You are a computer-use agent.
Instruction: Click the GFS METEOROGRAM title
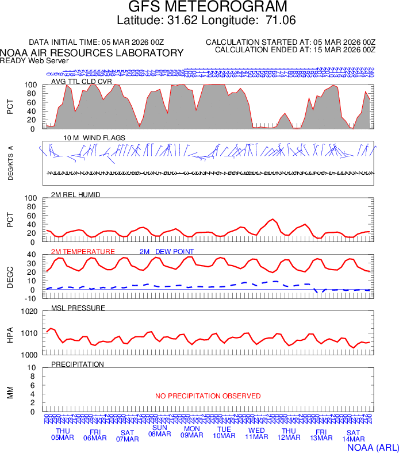(x=207, y=7)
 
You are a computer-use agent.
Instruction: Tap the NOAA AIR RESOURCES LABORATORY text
(x=92, y=53)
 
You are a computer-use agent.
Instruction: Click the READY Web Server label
(x=34, y=60)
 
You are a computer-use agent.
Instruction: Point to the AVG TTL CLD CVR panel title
(x=82, y=81)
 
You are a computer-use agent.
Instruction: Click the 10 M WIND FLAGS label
(x=94, y=137)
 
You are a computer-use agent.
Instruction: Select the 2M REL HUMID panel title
(x=76, y=195)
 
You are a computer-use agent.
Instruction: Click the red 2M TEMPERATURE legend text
(x=83, y=252)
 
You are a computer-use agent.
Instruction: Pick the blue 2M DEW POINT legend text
(x=167, y=252)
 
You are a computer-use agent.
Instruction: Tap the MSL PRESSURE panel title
(x=78, y=308)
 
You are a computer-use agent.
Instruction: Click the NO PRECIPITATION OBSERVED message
(x=208, y=396)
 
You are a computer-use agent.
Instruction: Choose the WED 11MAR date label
(x=256, y=434)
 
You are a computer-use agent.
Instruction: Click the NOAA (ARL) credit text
(x=372, y=446)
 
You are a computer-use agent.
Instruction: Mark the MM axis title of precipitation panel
(x=10, y=393)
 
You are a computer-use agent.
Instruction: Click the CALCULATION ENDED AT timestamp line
(x=295, y=50)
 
